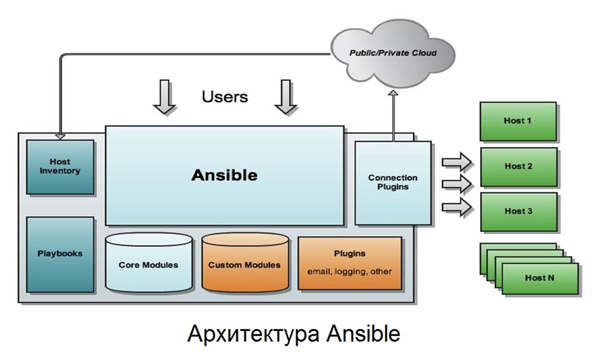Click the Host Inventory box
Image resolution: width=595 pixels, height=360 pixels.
click(x=60, y=166)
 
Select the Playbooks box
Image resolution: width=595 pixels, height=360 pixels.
click(x=60, y=253)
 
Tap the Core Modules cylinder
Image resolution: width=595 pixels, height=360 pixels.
click(x=148, y=264)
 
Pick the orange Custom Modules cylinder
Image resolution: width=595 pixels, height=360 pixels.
click(x=245, y=264)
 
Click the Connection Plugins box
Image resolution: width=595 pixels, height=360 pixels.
click(x=393, y=182)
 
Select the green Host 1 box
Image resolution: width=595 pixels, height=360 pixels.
click(x=518, y=121)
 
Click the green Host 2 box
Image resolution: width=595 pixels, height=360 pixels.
click(x=518, y=167)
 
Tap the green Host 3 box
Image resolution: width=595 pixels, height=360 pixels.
click(x=518, y=211)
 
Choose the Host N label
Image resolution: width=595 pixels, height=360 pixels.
click(x=540, y=278)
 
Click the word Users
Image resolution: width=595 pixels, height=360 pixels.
click(x=225, y=96)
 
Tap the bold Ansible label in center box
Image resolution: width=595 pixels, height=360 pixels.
click(x=224, y=176)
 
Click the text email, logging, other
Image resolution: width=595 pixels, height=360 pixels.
click(x=349, y=271)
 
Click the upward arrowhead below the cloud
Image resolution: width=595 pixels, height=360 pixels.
click(x=393, y=95)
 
